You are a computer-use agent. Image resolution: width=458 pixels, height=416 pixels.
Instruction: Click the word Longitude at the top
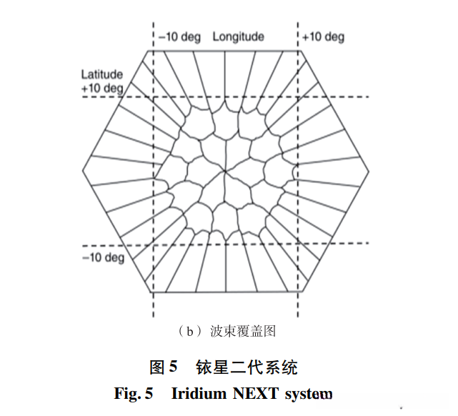coord(238,37)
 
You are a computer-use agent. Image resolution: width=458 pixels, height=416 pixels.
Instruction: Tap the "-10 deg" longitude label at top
coord(179,37)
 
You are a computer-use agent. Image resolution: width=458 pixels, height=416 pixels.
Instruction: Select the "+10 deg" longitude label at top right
coord(323,37)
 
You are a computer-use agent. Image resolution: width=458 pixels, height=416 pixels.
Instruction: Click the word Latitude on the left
coord(101,74)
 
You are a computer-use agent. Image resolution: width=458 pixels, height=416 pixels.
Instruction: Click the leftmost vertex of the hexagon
coord(82,172)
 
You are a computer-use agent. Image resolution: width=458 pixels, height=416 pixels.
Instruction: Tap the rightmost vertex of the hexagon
coord(371,172)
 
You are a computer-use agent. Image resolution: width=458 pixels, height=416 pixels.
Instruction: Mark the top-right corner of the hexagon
coord(302,51)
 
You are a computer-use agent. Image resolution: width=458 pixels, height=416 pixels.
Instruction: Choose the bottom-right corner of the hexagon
coord(302,292)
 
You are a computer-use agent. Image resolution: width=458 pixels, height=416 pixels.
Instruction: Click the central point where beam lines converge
coord(226,172)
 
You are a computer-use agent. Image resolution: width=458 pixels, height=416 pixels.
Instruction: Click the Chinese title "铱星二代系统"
coord(247,367)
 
